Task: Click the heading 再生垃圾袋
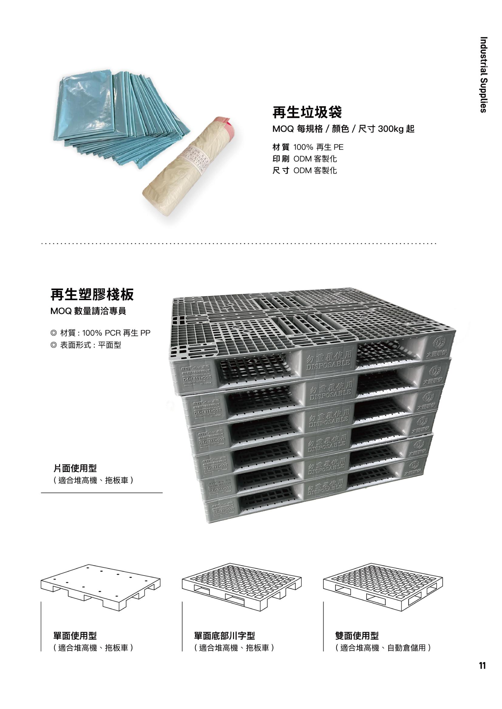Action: (307, 112)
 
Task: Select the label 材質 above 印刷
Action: (281, 147)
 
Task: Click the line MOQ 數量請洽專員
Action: (88, 311)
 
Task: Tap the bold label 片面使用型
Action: (75, 468)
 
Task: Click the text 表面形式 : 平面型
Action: (90, 345)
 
